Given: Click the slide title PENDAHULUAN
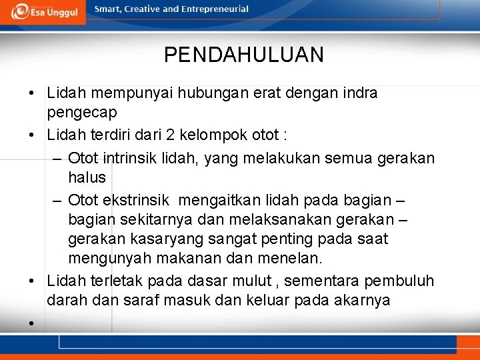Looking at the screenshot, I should pos(243,55).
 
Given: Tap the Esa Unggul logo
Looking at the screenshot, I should pos(43,11).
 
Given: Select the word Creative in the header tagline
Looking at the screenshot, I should pos(141,9).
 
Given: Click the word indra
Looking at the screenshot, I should pos(360,93).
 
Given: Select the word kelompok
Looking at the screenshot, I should pos(205,135).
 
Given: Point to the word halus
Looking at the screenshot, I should pos(87,177).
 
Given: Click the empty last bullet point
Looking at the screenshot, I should pos(31,323).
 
